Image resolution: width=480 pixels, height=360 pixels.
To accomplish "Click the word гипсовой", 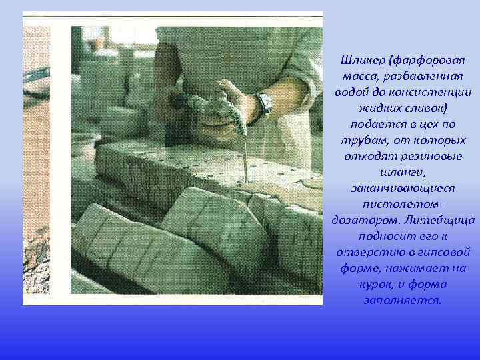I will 446,252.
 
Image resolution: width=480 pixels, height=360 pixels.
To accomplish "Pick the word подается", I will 375,123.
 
